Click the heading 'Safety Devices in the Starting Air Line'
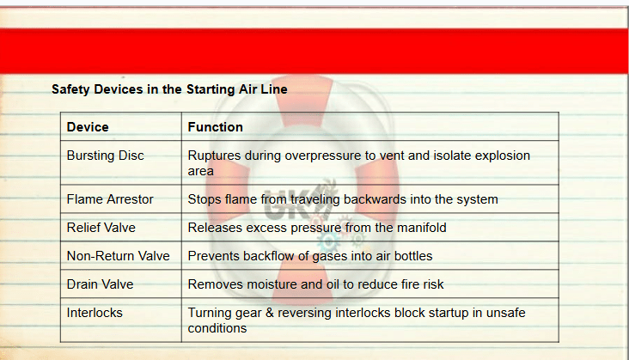(x=169, y=89)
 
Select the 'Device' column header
(x=88, y=127)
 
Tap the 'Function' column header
(x=216, y=127)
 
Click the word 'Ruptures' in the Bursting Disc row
(x=214, y=156)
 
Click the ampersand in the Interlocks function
(x=270, y=313)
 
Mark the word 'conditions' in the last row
(x=217, y=328)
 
